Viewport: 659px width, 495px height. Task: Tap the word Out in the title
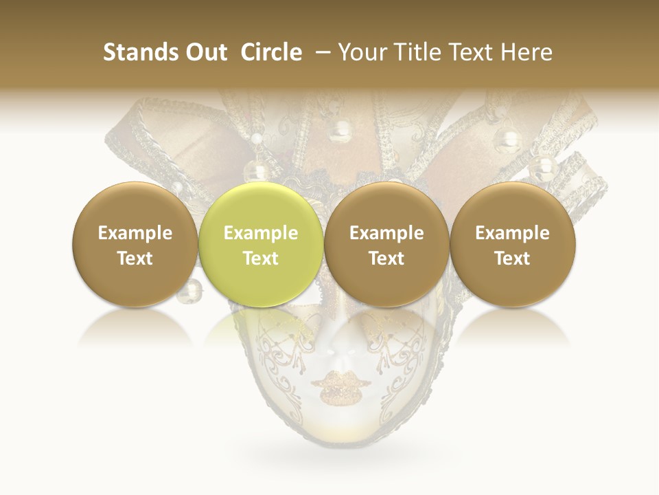(205, 52)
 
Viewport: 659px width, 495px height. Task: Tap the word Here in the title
(527, 52)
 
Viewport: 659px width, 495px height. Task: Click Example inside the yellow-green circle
(261, 233)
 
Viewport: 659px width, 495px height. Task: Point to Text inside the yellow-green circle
(261, 258)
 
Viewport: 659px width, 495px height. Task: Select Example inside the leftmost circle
(135, 233)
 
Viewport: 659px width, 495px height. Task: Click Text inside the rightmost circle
(512, 258)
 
